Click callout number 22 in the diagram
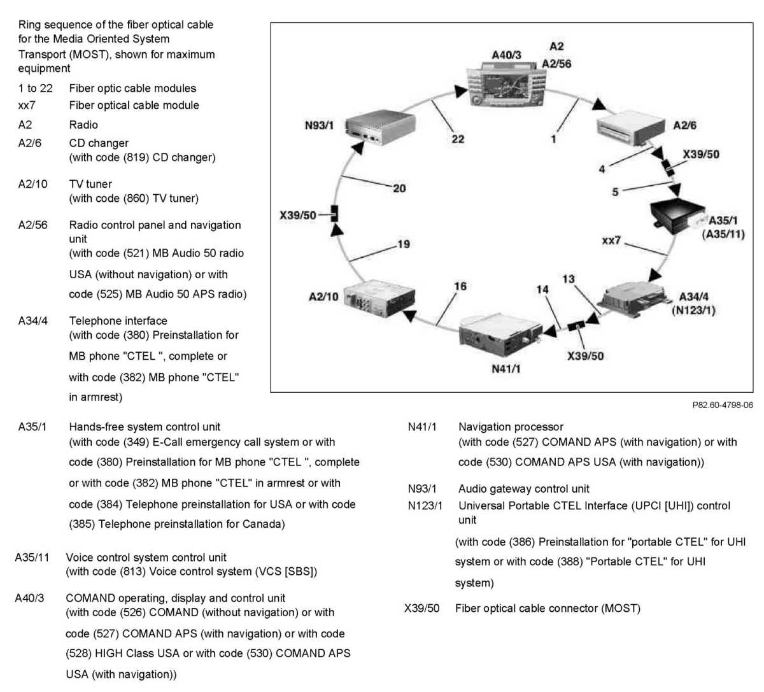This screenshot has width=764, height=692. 458,139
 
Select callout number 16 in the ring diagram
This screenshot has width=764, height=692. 460,286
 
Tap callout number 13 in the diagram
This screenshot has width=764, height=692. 569,279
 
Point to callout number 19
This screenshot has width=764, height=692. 404,244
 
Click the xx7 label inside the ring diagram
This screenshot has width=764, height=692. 611,240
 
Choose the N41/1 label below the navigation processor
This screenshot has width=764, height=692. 506,369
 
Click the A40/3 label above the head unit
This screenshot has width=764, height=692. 506,55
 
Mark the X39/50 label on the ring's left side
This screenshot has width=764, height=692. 297,215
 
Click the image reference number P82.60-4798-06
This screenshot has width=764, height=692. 722,405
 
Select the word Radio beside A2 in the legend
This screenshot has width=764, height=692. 83,125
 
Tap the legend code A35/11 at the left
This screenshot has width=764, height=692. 32,558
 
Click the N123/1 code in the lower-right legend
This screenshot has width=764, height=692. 425,506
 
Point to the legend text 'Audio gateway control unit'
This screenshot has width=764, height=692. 523,489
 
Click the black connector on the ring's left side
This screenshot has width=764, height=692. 334,214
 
